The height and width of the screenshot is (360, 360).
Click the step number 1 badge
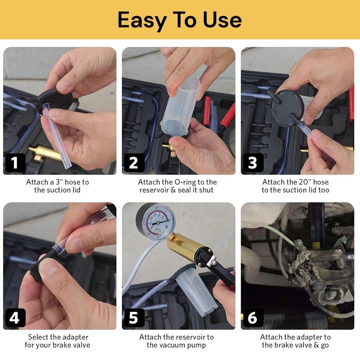click(14, 162)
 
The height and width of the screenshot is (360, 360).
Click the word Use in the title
click(222, 20)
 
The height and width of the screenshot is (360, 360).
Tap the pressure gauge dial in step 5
click(156, 222)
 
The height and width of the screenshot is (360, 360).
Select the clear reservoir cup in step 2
click(180, 108)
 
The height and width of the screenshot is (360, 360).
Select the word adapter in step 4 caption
click(75, 337)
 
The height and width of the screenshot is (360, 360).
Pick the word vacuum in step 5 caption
click(174, 345)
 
